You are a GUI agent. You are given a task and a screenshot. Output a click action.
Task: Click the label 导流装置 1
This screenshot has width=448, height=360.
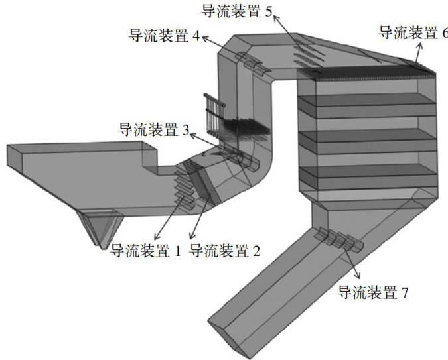(x=145, y=251)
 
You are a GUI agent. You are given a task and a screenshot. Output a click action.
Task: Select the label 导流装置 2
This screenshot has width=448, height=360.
(x=225, y=251)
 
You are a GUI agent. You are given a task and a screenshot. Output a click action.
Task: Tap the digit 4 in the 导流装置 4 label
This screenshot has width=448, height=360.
(x=196, y=36)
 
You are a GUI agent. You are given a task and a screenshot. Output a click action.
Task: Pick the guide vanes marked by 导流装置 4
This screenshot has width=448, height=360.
(x=254, y=65)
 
